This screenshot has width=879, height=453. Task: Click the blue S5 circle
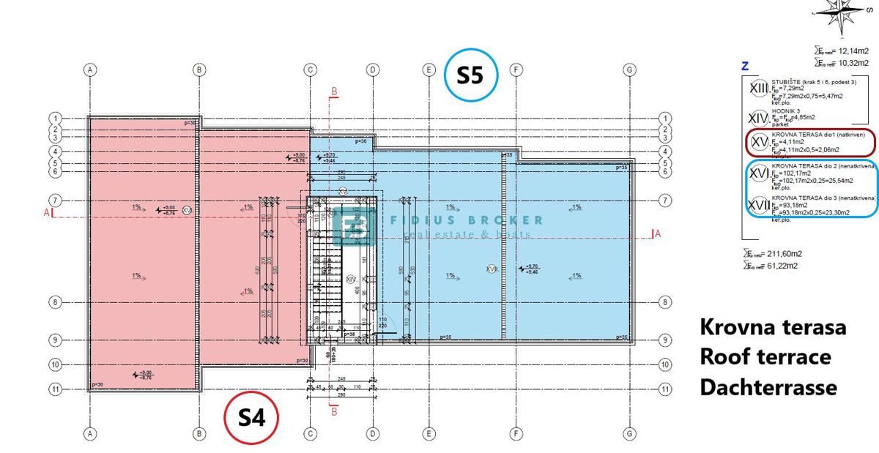pos(470,75)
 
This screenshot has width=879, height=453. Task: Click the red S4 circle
pos(250,417)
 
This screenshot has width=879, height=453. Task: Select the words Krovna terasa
pos(773,327)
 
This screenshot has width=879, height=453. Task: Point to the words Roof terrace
pos(765,357)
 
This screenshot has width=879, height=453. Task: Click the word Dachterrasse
pos(768,387)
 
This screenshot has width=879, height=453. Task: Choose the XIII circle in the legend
pos(760,89)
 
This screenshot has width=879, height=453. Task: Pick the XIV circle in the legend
pos(760,117)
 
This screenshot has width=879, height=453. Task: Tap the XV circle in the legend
pos(760,143)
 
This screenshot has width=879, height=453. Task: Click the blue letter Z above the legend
pos(745,67)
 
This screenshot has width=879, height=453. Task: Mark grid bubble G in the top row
pos(628,70)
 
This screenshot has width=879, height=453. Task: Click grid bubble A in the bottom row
pos(90,434)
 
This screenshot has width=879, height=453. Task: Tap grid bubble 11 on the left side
pos(55,389)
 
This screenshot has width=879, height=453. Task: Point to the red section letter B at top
pos(335,91)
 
